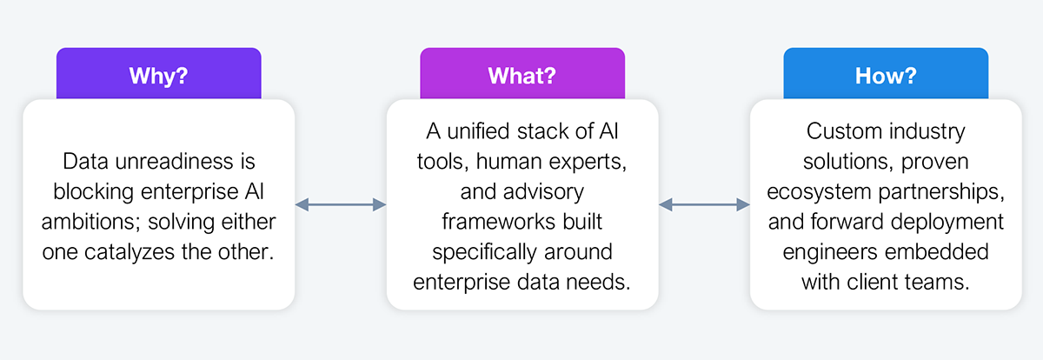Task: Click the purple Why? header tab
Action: (x=159, y=73)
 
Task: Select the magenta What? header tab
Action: (x=522, y=73)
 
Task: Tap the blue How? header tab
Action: (x=886, y=73)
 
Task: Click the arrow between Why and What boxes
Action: (x=341, y=204)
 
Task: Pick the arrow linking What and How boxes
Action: (x=704, y=204)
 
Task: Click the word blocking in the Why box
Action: (x=94, y=192)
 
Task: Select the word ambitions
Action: (x=91, y=222)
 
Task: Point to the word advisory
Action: (x=543, y=192)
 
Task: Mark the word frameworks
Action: (x=499, y=222)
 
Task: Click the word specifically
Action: (x=484, y=253)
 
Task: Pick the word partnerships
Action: (x=941, y=192)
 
